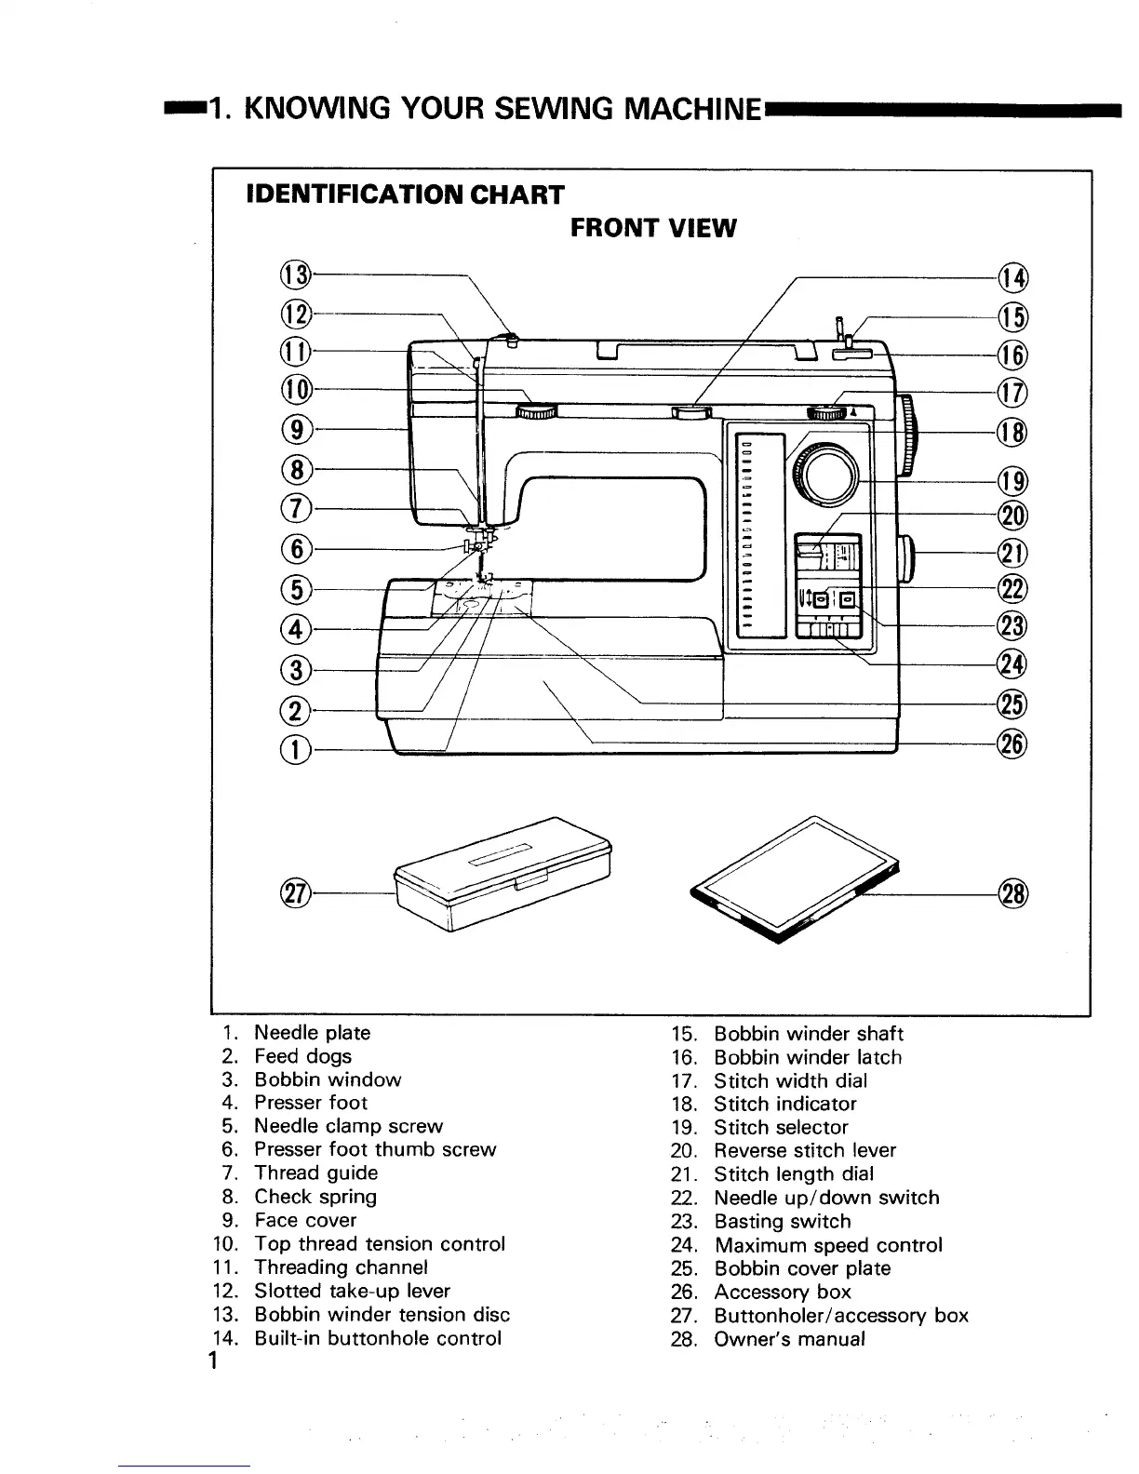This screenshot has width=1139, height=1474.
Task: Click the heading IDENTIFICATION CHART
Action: [x=404, y=194]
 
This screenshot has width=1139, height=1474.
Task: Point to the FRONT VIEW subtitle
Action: [x=652, y=228]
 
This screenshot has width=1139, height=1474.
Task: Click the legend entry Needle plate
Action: [x=312, y=1033]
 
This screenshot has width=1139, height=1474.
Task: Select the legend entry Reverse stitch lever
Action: [x=804, y=1151]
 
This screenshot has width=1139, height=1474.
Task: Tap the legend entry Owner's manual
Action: [x=789, y=1339]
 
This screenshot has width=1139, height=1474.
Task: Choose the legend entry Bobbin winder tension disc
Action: [x=382, y=1315]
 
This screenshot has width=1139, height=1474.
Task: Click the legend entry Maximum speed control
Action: [x=827, y=1245]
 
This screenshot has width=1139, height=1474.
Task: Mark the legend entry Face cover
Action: [x=305, y=1220]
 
